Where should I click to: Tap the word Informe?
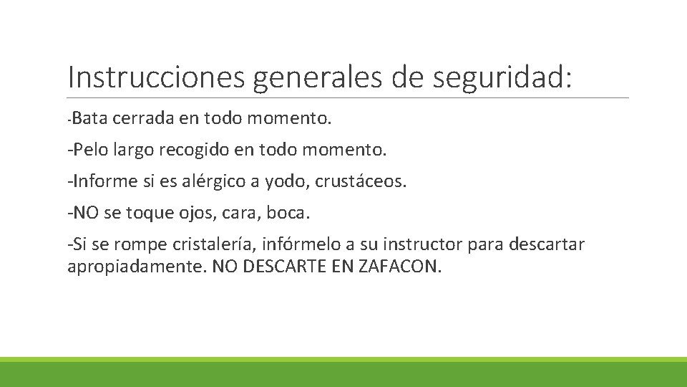[104, 181]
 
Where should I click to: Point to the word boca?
[291, 213]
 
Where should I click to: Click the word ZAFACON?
[401, 267]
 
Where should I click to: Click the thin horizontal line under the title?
[348, 98]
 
